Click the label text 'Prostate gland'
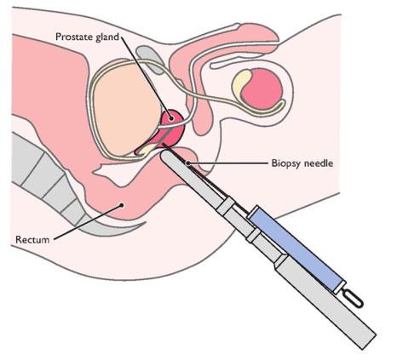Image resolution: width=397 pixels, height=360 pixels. pyautogui.click(x=87, y=37)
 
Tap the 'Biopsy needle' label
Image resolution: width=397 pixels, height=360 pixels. pyautogui.click(x=302, y=163)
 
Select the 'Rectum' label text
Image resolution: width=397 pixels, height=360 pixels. pyautogui.click(x=32, y=239)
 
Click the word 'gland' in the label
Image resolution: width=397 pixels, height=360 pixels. pyautogui.click(x=107, y=37)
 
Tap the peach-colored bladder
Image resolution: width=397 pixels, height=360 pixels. pyautogui.click(x=126, y=109)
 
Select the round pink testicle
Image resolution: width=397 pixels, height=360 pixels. pyautogui.click(x=262, y=89)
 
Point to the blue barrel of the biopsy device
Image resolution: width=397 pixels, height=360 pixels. pyautogui.click(x=296, y=249)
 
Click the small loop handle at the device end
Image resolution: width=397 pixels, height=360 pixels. pyautogui.click(x=353, y=298)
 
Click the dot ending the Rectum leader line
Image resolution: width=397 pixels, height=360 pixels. pyautogui.click(x=122, y=204)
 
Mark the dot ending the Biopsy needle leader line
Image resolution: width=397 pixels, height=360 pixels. pyautogui.click(x=187, y=163)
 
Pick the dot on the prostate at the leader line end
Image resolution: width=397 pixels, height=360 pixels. pyautogui.click(x=171, y=118)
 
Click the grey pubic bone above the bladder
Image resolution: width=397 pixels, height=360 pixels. pyautogui.click(x=150, y=60)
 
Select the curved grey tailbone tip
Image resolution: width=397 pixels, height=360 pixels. pyautogui.click(x=113, y=228)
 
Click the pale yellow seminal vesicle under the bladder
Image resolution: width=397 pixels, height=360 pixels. pyautogui.click(x=146, y=149)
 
